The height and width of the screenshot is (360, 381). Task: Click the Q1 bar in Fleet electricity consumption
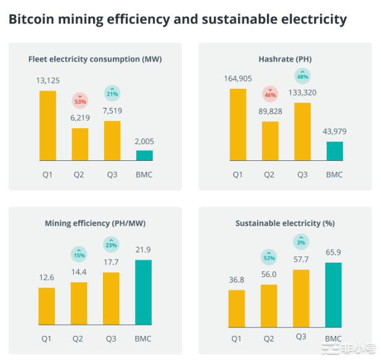47,126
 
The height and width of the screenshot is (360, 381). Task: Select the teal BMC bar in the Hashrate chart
335,151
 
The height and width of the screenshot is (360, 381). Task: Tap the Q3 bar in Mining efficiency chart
111,298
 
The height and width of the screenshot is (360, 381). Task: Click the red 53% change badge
80,99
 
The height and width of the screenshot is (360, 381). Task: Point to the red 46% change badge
270,93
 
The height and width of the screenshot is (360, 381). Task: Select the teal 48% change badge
302,76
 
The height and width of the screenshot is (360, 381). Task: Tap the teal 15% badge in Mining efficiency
80,253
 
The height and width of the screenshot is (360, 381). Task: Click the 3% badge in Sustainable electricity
301,241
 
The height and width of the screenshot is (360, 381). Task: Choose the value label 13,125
47,81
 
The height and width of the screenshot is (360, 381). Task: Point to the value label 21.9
143,250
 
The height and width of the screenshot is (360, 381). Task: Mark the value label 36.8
237,280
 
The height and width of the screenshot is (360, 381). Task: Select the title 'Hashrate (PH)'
285,59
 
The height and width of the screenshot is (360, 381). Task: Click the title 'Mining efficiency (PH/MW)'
95,223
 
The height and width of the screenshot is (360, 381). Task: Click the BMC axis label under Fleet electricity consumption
144,174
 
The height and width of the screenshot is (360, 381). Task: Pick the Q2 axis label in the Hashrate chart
269,174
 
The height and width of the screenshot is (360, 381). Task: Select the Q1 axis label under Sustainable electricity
237,338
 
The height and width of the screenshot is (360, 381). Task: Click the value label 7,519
112,111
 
